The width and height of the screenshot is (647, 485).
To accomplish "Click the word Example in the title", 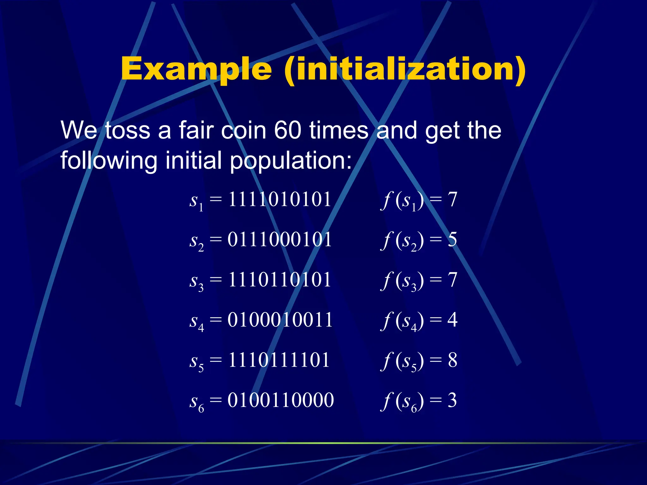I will click(x=196, y=69).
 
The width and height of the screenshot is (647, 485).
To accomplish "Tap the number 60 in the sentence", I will click(x=287, y=130).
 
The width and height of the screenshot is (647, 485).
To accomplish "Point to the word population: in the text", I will click(x=291, y=160).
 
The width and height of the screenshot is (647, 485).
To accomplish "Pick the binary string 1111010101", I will click(x=280, y=200).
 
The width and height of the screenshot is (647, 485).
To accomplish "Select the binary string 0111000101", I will click(x=280, y=240).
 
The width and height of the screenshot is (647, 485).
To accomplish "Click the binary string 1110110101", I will click(x=280, y=280).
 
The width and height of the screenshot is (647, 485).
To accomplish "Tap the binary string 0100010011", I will click(x=280, y=320).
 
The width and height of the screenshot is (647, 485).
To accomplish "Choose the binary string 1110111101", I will click(x=279, y=360).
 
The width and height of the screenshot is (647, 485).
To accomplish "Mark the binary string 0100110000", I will click(x=281, y=400).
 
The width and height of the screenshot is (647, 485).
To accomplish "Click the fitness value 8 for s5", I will click(x=452, y=360).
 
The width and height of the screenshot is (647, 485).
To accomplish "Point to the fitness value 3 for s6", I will click(x=452, y=400).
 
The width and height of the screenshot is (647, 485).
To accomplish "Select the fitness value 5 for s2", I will click(x=452, y=240).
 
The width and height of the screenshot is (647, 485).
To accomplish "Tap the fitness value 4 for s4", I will click(x=452, y=320).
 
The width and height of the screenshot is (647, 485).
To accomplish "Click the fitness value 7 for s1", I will click(x=452, y=200).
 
